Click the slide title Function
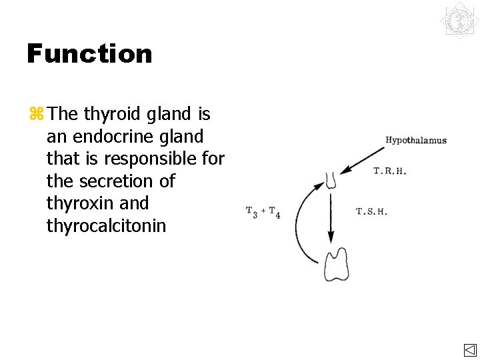[x=89, y=53]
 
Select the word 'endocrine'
[x=110, y=137]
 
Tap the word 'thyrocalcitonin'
[x=106, y=226]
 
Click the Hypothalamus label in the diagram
[x=416, y=140]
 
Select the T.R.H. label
[x=390, y=171]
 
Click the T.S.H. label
[x=371, y=212]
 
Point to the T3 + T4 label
[x=263, y=212]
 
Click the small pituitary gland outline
[x=331, y=180]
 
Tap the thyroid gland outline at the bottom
[x=337, y=264]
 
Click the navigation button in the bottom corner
[x=469, y=351]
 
